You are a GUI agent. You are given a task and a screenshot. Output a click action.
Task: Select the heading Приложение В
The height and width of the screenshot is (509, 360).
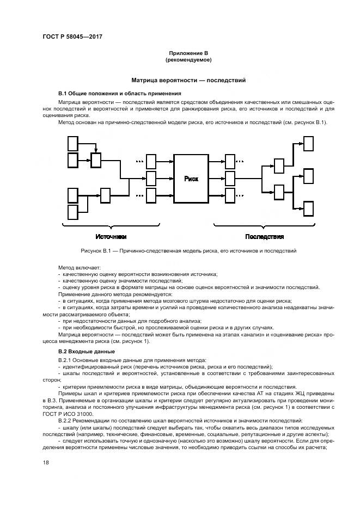[x=188, y=53]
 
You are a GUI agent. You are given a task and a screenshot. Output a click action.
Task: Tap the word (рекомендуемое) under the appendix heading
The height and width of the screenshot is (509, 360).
[x=188, y=59]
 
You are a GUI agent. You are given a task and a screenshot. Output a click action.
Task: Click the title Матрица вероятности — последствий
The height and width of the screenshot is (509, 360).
[x=188, y=80]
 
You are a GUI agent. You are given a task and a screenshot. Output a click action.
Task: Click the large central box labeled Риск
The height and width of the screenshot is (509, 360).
[x=191, y=178]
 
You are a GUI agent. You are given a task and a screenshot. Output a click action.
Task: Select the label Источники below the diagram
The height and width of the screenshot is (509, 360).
[x=111, y=236]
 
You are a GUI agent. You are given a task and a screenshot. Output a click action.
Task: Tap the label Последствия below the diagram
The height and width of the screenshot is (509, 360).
[x=264, y=236]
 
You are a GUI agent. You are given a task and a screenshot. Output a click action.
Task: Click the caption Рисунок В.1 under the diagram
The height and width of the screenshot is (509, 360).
[x=180, y=251]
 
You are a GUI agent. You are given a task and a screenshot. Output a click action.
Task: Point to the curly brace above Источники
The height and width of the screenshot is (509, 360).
[x=111, y=225]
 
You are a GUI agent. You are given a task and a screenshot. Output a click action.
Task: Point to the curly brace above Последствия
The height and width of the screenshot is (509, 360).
[x=264, y=225]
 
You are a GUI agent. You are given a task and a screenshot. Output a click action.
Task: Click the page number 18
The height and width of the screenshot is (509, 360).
[x=46, y=462]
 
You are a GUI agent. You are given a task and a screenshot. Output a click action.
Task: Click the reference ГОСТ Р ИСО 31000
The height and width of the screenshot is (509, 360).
[x=69, y=414]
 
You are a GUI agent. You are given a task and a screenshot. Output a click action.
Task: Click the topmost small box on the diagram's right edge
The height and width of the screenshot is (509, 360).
[x=308, y=143]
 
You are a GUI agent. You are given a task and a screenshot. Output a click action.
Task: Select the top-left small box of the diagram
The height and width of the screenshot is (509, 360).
[x=72, y=143]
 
